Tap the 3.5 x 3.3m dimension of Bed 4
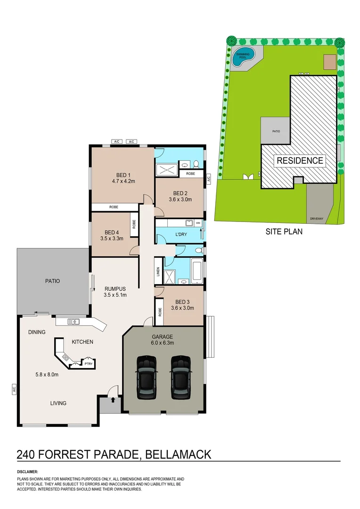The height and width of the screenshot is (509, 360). [112, 238]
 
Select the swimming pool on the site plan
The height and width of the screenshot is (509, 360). [245, 57]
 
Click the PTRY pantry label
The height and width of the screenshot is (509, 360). [88, 363]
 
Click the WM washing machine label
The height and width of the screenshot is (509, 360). [198, 222]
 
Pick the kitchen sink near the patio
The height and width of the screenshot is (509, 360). [74, 322]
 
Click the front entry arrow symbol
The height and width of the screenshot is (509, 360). [113, 400]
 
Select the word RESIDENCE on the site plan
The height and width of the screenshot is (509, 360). [300, 161]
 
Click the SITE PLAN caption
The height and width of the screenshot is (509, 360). [284, 231]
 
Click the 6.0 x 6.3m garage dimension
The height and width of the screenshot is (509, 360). [163, 343]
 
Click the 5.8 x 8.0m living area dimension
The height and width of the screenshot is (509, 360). [46, 375]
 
